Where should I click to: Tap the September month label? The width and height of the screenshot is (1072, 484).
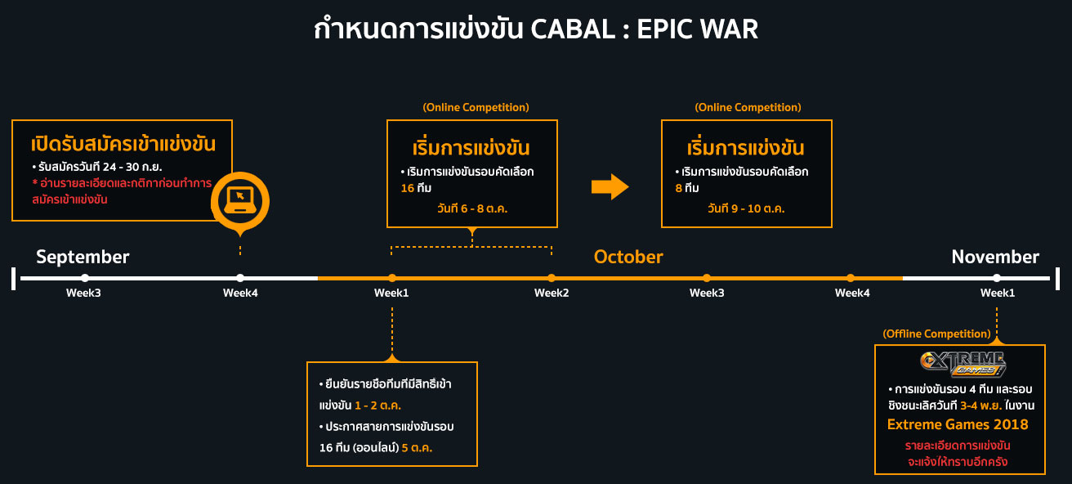pos(83,257)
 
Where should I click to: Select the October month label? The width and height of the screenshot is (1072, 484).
pos(628,257)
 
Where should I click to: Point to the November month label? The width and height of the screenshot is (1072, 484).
pos(995,257)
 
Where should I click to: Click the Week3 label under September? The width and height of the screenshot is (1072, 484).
pos(83,293)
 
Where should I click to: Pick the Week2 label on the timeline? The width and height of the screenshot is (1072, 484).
pos(552,293)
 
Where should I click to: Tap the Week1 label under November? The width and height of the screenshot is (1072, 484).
pos(998,293)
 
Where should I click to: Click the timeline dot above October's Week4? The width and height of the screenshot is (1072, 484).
pos(851,278)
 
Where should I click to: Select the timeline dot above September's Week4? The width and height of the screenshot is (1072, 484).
pos(240,278)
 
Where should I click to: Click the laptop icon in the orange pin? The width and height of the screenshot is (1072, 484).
pos(239,199)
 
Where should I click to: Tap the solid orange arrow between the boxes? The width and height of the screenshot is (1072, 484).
pos(610,187)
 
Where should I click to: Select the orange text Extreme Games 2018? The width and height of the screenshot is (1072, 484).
pos(958,424)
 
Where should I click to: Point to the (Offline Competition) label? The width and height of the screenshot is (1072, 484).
pos(936,334)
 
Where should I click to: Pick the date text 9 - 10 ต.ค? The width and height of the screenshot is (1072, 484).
pos(757,208)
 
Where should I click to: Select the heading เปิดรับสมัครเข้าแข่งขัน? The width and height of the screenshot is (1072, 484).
pos(123,145)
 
